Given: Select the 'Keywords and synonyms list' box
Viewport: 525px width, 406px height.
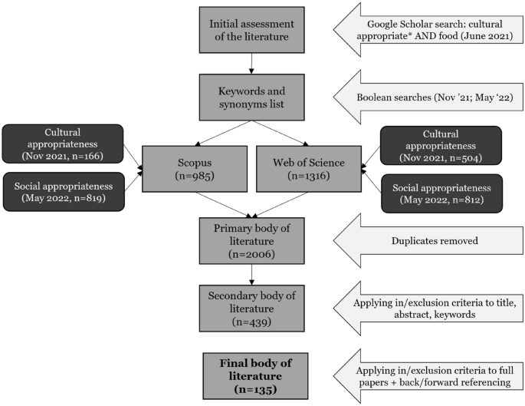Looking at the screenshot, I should coord(251,97).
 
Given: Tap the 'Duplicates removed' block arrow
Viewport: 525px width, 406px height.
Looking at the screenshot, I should coord(426,239).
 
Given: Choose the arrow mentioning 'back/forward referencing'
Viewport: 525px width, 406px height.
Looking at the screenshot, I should coord(426,374).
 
